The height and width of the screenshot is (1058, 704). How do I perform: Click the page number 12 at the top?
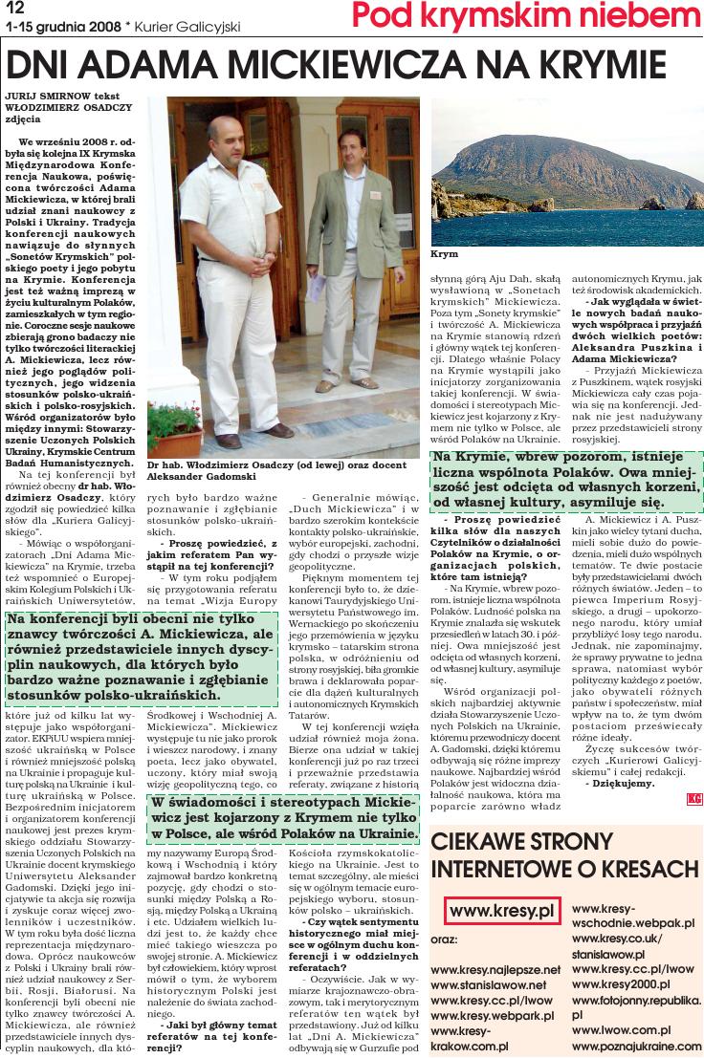pyautogui.click(x=14, y=9)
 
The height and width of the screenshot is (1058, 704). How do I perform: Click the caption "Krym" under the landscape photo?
pyautogui.click(x=445, y=255)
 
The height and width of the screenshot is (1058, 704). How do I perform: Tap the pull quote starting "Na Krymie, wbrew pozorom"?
pyautogui.click(x=564, y=483)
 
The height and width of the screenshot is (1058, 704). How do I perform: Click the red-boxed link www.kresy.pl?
pyautogui.click(x=502, y=912)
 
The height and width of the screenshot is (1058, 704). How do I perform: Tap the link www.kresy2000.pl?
pyautogui.click(x=621, y=983)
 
